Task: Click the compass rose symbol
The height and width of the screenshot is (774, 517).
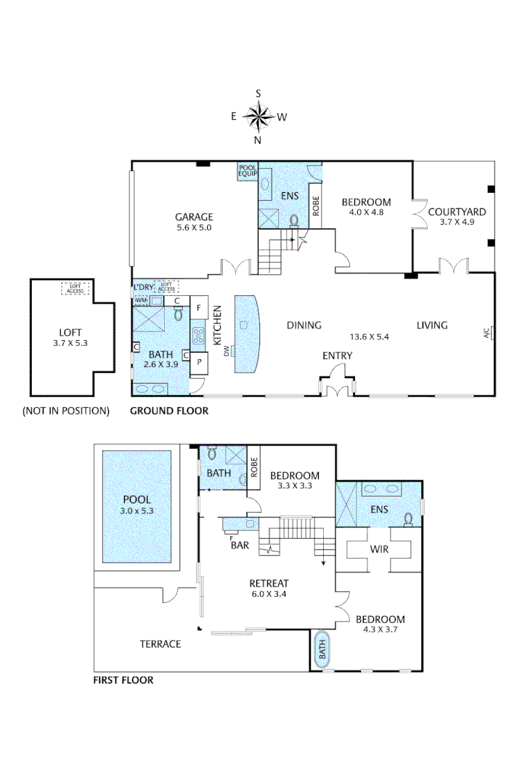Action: coord(258,116)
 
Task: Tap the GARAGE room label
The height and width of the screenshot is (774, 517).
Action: coord(194,217)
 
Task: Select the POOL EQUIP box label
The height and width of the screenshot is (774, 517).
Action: coord(248,171)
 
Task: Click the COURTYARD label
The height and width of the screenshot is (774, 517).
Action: coord(456,212)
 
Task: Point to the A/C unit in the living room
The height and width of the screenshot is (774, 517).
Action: coord(492,334)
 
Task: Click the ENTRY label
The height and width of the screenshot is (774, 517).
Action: coord(338,355)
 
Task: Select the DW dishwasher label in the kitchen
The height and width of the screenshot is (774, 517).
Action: coord(227,351)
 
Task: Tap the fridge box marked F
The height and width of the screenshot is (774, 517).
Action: coord(199,308)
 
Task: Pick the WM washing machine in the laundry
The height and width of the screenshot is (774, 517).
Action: coord(141,300)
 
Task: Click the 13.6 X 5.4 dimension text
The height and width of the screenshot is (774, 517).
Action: coord(370,337)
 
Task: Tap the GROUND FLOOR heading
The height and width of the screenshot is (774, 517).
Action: coord(168,411)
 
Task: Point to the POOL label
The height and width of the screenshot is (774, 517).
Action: coord(137,500)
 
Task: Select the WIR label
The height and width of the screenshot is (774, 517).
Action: coord(378,549)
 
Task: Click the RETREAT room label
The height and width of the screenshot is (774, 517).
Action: coord(269,583)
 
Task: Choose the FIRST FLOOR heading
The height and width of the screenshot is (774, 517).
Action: coord(123,680)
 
